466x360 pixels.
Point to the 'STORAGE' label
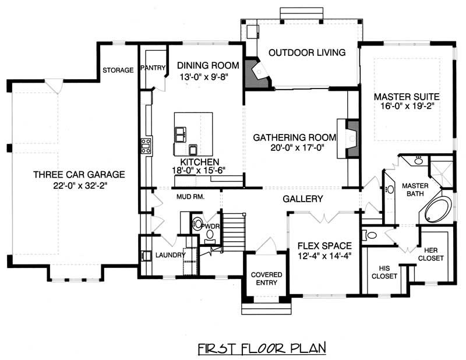pos(118,70)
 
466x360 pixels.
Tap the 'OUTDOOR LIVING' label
pos(307,52)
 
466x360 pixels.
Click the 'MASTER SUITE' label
pos(406,96)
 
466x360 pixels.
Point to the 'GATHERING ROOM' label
pos(295,137)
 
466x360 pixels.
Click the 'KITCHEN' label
pos(199,161)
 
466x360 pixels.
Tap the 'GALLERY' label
pos(303,199)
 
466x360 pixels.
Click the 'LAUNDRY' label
pos(170,255)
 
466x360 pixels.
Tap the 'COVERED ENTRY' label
pos(266,278)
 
